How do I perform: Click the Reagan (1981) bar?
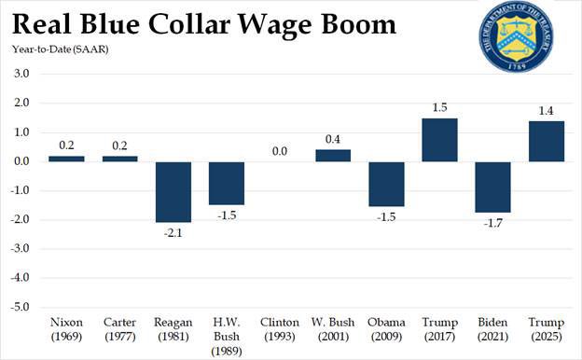click(x=173, y=191)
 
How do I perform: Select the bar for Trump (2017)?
click(x=439, y=140)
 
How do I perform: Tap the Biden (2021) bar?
click(x=492, y=187)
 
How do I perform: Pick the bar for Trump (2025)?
click(x=546, y=141)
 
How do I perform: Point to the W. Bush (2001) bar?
click(x=333, y=156)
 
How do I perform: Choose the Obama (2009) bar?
click(x=386, y=184)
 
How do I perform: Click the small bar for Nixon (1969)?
click(x=66, y=159)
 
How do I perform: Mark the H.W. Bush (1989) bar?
click(x=226, y=183)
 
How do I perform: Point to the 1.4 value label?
click(x=546, y=110)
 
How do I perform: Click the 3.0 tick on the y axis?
click(x=21, y=74)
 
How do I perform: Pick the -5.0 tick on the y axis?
click(x=20, y=307)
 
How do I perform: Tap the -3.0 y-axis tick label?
click(x=20, y=249)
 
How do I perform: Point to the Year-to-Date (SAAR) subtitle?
click(x=59, y=48)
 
